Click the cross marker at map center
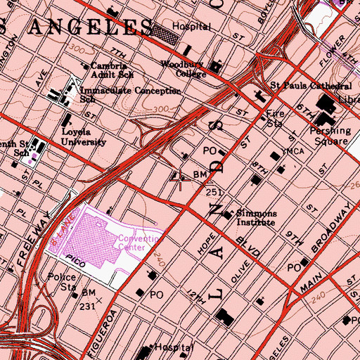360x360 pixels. point(181,181)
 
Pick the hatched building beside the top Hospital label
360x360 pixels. point(165,30)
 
